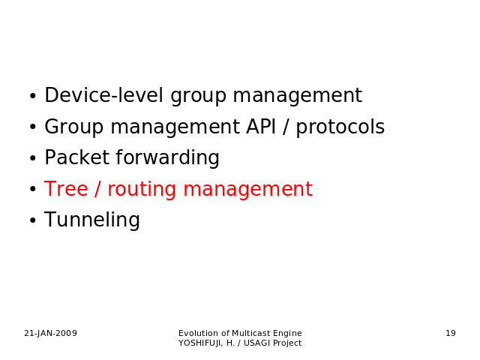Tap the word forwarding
(167, 158)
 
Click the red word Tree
(66, 188)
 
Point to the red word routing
(142, 190)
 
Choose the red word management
(248, 189)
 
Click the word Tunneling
(92, 220)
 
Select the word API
(261, 127)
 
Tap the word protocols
(340, 127)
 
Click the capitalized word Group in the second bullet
(73, 127)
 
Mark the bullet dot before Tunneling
(33, 220)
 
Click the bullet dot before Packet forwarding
(33, 158)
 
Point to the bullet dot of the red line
(33, 189)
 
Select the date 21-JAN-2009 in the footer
(50, 333)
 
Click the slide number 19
(451, 333)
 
